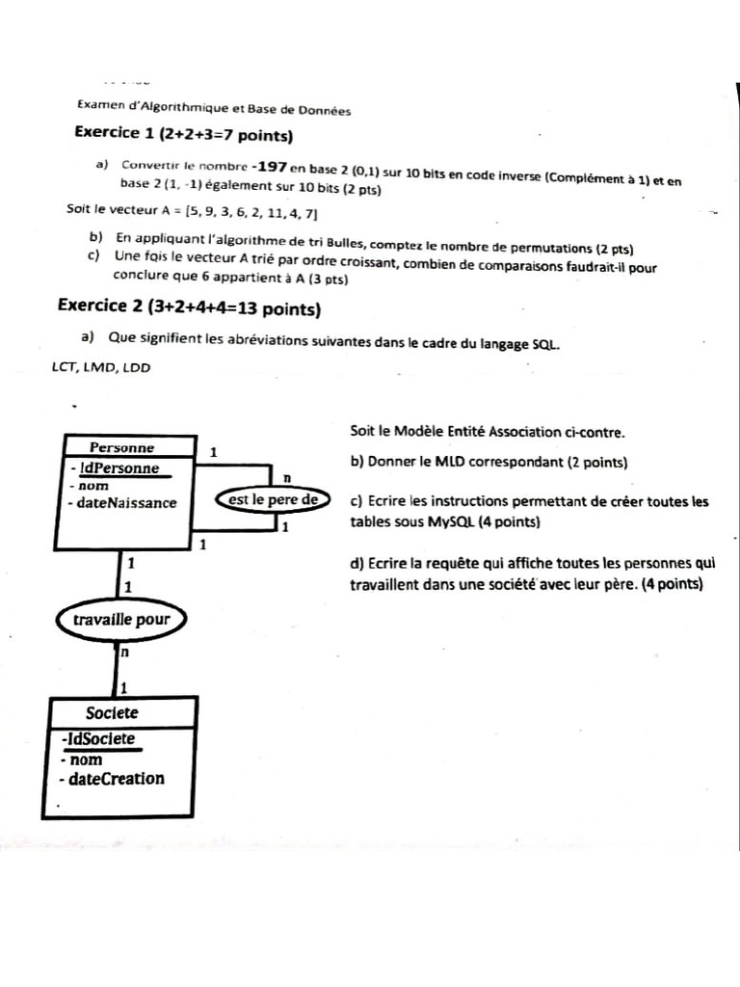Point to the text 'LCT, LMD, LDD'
point(101,367)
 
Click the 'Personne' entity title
point(121,447)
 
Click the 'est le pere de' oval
point(273,499)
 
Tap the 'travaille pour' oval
point(120,620)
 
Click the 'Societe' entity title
point(112,713)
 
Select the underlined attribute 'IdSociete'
point(97,739)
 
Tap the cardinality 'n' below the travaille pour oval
point(125,653)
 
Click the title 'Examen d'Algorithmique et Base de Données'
point(213,110)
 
